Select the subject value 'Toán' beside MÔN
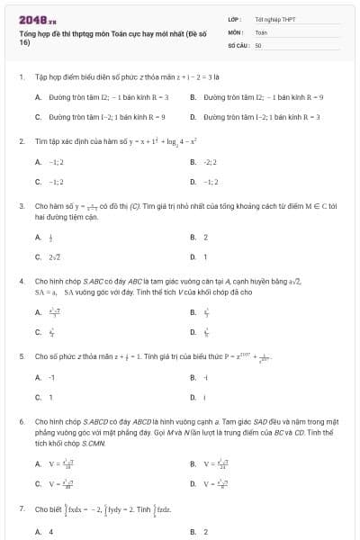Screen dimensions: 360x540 pyautogui.click(x=261, y=31)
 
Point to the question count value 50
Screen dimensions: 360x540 pyautogui.click(x=258, y=44)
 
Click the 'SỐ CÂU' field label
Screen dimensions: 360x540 pyautogui.click(x=238, y=44)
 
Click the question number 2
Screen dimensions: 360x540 pyautogui.click(x=21, y=142)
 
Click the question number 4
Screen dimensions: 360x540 pyautogui.click(x=21, y=281)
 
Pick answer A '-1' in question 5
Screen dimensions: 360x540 pyautogui.click(x=51, y=377)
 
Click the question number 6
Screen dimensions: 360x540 pyautogui.click(x=21, y=421)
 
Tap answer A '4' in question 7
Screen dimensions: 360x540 pyautogui.click(x=50, y=531)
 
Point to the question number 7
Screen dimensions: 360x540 pyautogui.click(x=21, y=509)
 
